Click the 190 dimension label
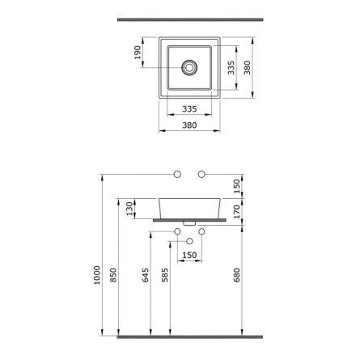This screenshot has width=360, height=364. tap(138, 53)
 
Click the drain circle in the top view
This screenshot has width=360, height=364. tap(189, 67)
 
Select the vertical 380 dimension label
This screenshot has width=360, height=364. tap(247, 68)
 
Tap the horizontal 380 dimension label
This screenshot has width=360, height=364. tap(189, 125)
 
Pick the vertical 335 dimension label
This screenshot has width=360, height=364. tap(231, 68)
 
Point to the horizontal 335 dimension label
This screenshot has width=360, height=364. tap(189, 109)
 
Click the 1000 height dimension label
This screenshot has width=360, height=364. tap(96, 275)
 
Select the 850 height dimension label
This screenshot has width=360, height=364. tap(113, 275)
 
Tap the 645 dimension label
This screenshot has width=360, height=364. tap(146, 275)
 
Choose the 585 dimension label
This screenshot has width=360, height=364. tap(165, 275)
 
